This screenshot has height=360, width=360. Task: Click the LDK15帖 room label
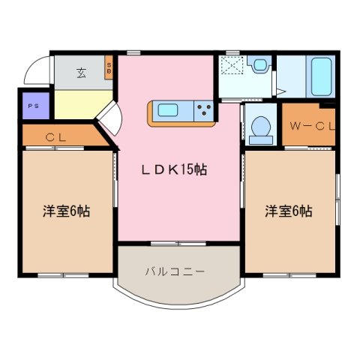(x=174, y=170)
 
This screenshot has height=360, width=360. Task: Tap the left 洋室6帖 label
(x=66, y=211)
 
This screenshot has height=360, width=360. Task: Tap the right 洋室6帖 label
(x=288, y=211)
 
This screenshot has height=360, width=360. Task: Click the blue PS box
(x=34, y=106)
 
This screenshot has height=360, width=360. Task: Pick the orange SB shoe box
(x=109, y=69)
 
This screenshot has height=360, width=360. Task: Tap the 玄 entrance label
(x=80, y=73)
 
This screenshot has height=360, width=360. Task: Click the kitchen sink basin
(x=168, y=112)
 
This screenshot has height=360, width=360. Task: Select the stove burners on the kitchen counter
(x=202, y=112)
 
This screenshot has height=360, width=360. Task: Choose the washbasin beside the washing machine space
(x=261, y=65)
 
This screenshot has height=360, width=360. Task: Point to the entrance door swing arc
(x=34, y=71)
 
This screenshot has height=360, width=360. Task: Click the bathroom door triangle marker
(x=280, y=91)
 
